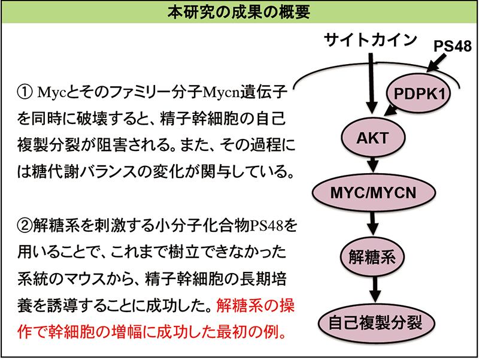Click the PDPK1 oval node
[419, 94]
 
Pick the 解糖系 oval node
[374, 258]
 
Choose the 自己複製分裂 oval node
[374, 324]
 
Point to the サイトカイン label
[370, 40]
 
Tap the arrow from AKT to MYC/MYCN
[374, 164]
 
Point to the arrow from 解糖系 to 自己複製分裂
[374, 291]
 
